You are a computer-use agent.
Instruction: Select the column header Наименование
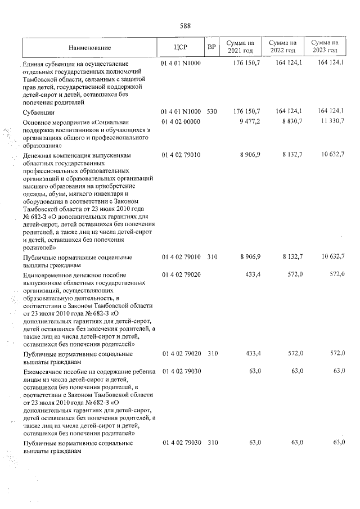[x=90, y=47]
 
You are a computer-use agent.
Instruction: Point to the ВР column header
[x=211, y=47]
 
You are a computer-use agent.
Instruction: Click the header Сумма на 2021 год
[x=240, y=47]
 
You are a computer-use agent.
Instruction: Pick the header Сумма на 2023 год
[x=325, y=47]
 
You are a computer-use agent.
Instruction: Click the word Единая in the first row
[x=34, y=64]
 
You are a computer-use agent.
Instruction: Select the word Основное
[x=38, y=122]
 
